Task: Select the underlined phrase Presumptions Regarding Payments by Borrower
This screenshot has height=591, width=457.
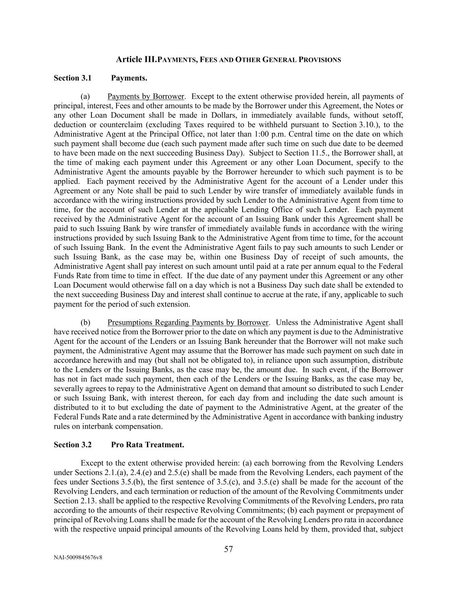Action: (x=188, y=323)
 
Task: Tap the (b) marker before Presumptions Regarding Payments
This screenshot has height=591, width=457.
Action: (x=85, y=323)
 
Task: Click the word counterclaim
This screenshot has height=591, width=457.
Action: (x=108, y=125)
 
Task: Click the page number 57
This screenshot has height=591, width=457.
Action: (x=228, y=549)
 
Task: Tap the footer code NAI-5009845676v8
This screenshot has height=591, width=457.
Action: (x=78, y=558)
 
